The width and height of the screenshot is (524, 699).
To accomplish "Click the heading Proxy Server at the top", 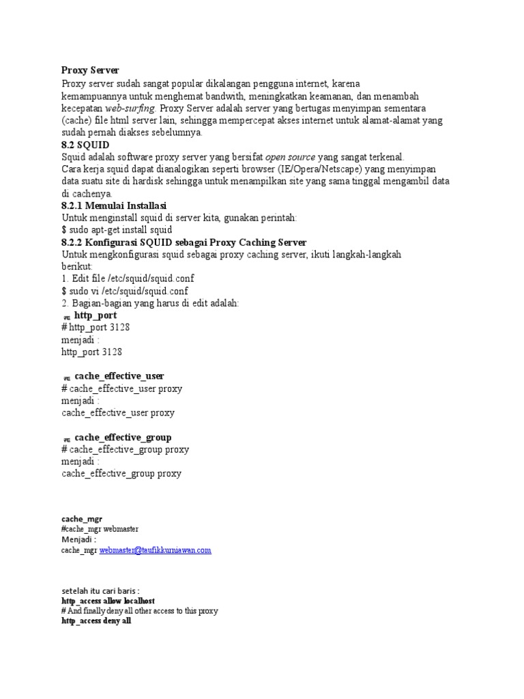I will (x=90, y=70).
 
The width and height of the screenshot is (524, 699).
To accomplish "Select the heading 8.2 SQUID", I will (x=85, y=145).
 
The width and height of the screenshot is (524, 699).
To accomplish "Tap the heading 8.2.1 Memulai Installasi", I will (x=114, y=205).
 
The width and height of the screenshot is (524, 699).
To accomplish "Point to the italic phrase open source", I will (x=290, y=157).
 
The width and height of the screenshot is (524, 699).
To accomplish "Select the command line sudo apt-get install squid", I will (x=117, y=230).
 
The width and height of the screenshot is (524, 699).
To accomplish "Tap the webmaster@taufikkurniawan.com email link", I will (x=155, y=550).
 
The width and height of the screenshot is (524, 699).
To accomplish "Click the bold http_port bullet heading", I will (x=95, y=315).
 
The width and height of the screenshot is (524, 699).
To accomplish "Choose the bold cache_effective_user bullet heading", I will (x=119, y=376).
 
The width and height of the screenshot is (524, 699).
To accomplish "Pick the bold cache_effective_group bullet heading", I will (x=123, y=437).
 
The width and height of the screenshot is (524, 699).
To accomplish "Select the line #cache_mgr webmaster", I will (x=100, y=529).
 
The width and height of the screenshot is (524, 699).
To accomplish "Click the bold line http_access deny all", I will (x=96, y=622).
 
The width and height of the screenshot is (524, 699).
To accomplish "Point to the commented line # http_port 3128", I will (x=96, y=328).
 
